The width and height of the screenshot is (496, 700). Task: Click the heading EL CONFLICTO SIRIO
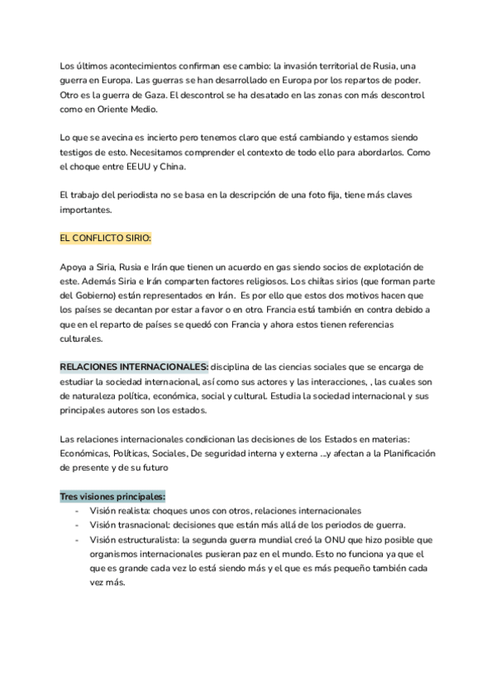(x=106, y=239)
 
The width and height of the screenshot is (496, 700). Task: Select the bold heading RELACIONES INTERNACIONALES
(x=134, y=366)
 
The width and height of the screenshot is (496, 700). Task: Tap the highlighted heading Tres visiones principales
(x=112, y=496)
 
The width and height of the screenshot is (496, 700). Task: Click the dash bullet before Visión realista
(x=76, y=511)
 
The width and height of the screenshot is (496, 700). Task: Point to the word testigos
(x=81, y=153)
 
